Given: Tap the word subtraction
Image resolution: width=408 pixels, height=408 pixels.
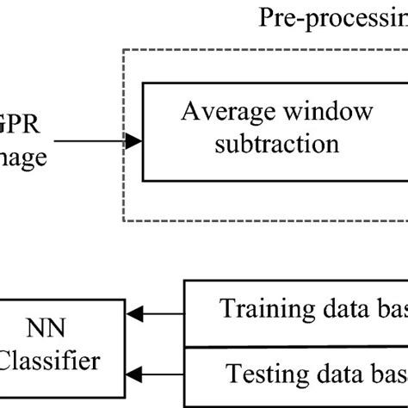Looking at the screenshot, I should point(278,142).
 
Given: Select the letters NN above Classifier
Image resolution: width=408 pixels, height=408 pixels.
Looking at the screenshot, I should point(51,329).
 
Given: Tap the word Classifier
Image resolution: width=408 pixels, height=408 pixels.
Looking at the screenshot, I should point(49,361).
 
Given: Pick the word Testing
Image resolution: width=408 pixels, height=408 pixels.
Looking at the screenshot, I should point(269,375).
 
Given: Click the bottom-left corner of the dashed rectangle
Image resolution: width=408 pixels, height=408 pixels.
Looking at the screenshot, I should point(124,221).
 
